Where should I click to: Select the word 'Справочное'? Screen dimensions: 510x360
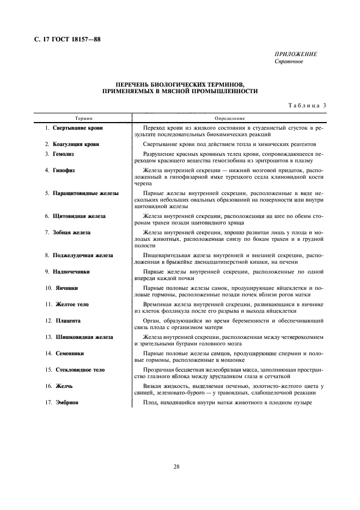(x=289, y=61)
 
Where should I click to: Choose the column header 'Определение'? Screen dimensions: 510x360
(x=229, y=118)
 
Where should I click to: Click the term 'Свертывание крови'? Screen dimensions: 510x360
(x=77, y=128)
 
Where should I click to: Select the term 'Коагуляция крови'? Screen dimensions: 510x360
(x=76, y=144)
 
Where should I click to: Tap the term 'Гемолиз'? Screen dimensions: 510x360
(x=63, y=154)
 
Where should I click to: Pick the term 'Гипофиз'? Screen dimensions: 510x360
(x=64, y=171)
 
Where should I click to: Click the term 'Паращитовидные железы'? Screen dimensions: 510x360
(x=86, y=193)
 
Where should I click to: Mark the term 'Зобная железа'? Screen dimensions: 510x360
(x=71, y=232)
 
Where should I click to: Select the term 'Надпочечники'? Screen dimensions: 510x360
(x=71, y=271)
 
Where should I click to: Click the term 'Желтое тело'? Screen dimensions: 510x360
(x=72, y=304)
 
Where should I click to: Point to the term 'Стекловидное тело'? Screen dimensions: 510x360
(x=80, y=370)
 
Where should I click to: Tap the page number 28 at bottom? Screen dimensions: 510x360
(x=177, y=466)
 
